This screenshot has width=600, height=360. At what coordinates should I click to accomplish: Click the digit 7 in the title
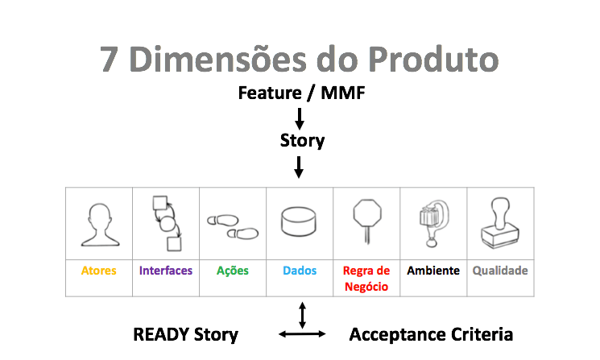point(112,60)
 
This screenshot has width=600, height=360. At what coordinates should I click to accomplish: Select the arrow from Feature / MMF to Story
point(300,118)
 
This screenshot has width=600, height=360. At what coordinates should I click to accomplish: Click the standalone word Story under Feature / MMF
point(302,141)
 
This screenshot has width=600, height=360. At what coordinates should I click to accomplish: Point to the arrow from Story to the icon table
point(300,167)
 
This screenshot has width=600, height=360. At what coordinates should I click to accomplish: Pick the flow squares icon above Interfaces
point(166,223)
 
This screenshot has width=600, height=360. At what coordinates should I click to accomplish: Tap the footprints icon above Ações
point(233,226)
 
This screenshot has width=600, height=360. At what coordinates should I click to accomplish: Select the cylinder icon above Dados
point(300,222)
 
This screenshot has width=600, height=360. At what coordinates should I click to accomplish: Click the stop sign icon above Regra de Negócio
point(366,221)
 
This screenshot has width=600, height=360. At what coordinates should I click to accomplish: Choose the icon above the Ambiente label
point(432,223)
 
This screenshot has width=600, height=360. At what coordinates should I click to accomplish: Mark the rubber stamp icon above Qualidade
point(499,225)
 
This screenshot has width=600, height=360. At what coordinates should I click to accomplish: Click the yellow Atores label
point(98,271)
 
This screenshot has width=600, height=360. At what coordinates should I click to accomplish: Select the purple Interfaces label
point(166,271)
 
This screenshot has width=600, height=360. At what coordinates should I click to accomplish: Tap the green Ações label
point(233,271)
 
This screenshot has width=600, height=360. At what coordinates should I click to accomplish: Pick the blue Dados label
point(300,271)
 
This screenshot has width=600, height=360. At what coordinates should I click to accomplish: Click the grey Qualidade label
point(499,271)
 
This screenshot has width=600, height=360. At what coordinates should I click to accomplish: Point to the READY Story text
point(185,334)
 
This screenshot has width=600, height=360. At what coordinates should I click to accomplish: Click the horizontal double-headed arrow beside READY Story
point(302,333)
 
